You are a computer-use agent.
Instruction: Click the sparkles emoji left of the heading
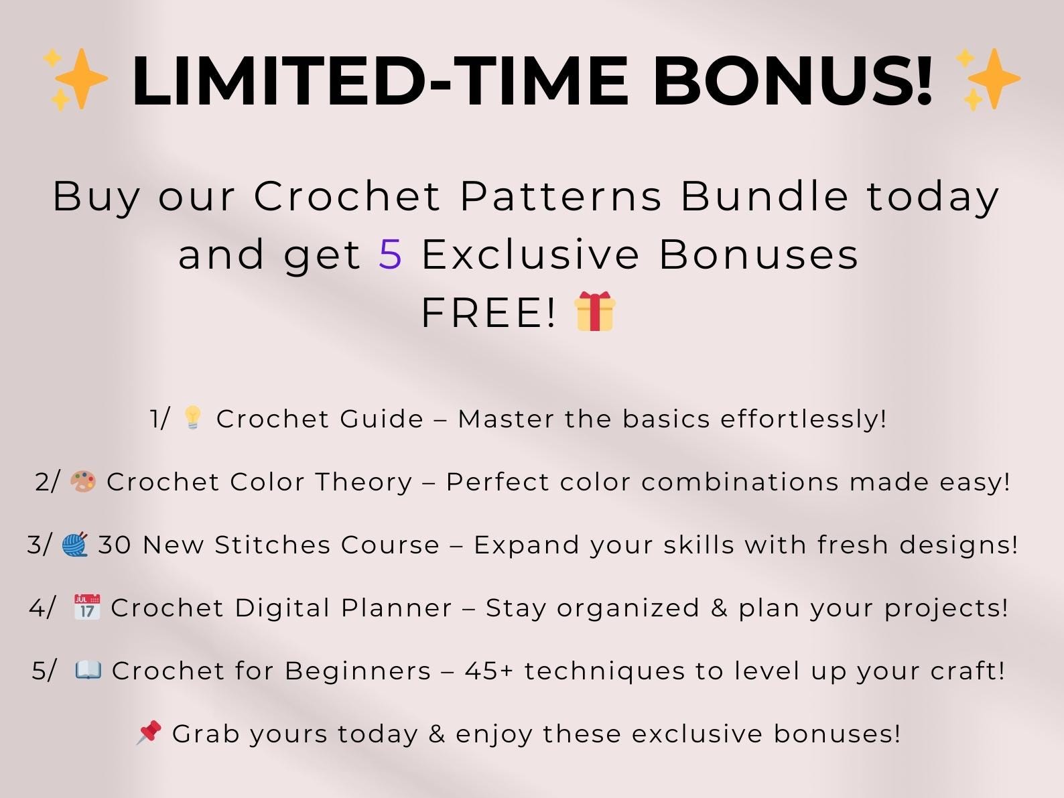75,79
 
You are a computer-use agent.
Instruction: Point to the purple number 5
391,255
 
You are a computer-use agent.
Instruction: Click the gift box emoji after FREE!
595,312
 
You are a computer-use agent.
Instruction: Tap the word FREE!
488,313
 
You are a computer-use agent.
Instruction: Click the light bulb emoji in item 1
192,418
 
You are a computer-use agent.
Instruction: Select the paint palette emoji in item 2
83,481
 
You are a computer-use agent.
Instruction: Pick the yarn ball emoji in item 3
75,544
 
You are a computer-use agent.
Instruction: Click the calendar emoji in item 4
86,607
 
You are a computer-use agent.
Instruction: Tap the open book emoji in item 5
88,670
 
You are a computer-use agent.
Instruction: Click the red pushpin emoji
149,732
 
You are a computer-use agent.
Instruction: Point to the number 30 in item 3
115,545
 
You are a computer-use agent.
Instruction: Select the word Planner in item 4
397,608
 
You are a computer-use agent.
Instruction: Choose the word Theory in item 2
364,482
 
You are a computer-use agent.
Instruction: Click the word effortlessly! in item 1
803,419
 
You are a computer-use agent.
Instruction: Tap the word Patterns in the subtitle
561,196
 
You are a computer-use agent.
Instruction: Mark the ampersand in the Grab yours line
437,734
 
